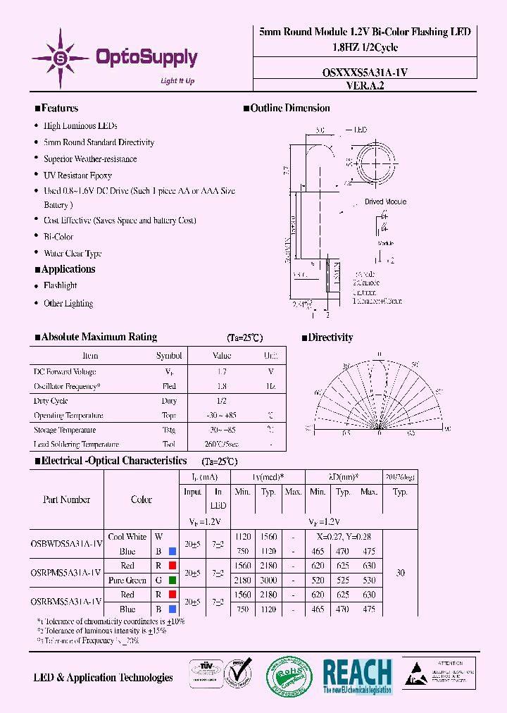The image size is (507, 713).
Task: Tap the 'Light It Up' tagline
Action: (x=177, y=81)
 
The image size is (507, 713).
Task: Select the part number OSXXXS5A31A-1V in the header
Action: (x=364, y=73)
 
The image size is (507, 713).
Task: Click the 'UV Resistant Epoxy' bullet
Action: (x=77, y=175)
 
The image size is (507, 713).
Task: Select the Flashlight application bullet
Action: (x=60, y=285)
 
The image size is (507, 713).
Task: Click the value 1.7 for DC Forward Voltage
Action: (x=221, y=371)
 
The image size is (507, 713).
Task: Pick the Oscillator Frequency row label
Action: (x=67, y=386)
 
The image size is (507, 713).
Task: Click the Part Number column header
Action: (x=66, y=500)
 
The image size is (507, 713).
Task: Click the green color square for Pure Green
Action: (x=172, y=581)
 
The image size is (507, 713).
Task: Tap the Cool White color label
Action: (x=127, y=537)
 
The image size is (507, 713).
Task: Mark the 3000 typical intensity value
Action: (x=268, y=581)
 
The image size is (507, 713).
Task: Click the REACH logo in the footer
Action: (x=357, y=677)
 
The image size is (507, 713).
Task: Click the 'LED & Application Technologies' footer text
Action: (x=103, y=678)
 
